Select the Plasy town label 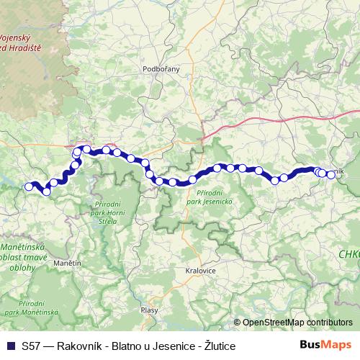pos(149,310)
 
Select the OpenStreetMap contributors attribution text pos(297,323)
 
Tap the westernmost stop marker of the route pos(30,187)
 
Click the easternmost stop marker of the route pos(331,174)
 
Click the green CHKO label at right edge pos(349,254)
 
